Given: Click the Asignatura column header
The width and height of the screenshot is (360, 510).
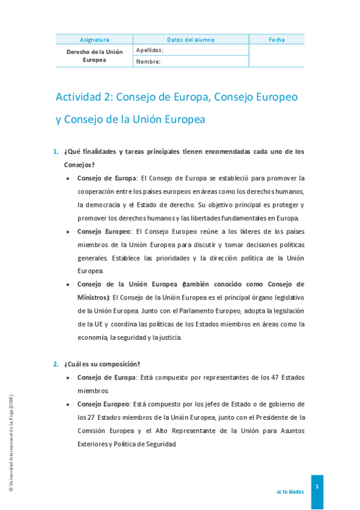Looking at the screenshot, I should [x=94, y=40].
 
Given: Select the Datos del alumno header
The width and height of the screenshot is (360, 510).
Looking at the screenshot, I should [x=191, y=40].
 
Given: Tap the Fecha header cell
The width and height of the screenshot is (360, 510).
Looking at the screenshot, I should [x=276, y=40].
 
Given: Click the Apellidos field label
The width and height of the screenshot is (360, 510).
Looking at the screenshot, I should [x=150, y=50].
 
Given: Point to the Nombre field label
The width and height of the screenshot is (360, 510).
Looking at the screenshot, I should [x=148, y=61].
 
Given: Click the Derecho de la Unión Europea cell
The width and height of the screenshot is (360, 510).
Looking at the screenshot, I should [x=94, y=55].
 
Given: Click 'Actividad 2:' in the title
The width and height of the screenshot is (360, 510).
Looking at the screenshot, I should [x=84, y=96].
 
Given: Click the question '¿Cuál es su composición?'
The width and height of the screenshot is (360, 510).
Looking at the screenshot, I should [x=102, y=364].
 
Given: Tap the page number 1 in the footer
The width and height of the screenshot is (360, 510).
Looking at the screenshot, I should [x=317, y=486].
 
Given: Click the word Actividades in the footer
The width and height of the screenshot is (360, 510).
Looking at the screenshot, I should [x=290, y=491].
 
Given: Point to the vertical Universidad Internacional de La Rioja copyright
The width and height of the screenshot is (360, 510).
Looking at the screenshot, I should [x=11, y=444].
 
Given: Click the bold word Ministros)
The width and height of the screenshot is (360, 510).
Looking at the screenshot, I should [x=93, y=298].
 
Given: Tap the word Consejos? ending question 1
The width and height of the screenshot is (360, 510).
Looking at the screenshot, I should [x=79, y=165].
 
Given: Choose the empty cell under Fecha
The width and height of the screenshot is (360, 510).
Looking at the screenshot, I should [x=276, y=55].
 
